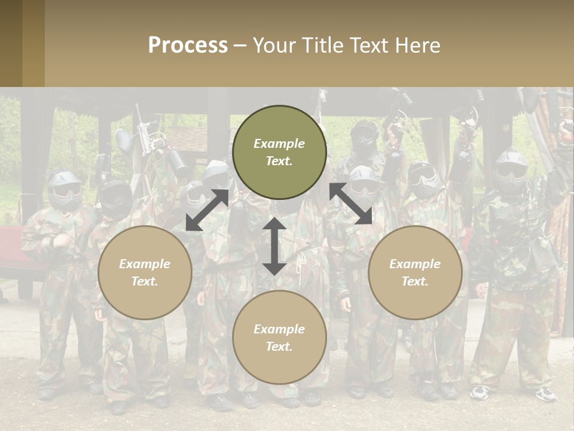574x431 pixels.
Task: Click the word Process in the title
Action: (188, 45)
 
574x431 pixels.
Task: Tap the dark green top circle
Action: (279, 153)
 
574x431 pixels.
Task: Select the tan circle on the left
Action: (145, 272)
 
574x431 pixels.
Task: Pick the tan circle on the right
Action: (415, 272)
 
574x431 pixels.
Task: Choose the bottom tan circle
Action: (279, 338)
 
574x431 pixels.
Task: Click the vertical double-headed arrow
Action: (274, 246)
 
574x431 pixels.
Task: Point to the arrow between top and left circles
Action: (207, 210)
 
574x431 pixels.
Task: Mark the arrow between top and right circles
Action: (351, 204)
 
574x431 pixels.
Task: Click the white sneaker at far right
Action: (545, 393)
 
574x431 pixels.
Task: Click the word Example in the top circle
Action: (279, 144)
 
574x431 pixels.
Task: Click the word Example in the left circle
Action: (145, 264)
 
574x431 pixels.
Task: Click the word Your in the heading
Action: (273, 45)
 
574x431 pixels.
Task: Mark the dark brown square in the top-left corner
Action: (11, 43)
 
